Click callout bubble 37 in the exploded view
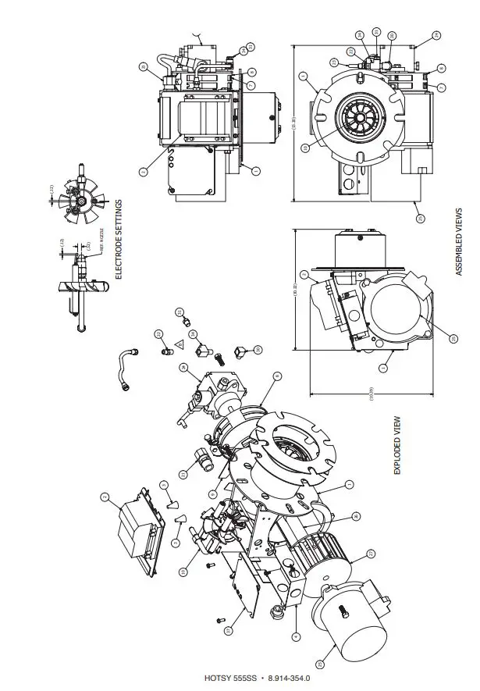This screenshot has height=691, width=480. coord(276,377)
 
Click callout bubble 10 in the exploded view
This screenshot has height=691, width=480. coord(184,572)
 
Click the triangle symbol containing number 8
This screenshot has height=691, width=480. coord(180,344)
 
